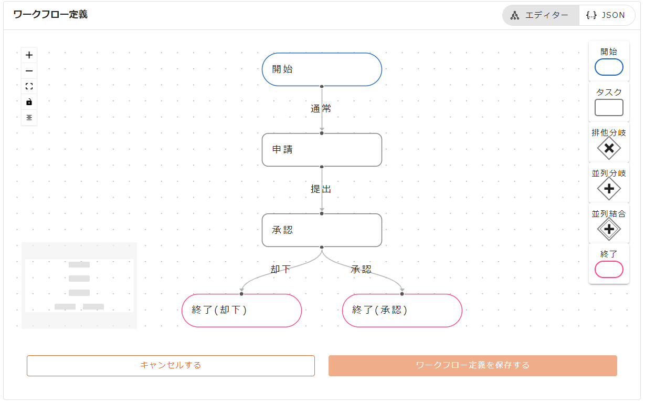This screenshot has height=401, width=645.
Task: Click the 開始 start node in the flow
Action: (322, 69)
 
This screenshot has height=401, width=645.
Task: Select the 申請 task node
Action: (322, 150)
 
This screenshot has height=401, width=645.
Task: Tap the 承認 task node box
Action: (322, 230)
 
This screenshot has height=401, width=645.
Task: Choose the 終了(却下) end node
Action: (241, 310)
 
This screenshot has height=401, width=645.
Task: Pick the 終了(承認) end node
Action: (402, 310)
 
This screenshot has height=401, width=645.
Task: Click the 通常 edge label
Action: (321, 109)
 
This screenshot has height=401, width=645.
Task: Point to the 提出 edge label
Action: (321, 189)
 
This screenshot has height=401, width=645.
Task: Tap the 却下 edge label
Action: (280, 270)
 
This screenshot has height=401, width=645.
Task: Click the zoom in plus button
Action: (29, 55)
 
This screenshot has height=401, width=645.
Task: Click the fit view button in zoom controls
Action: (29, 86)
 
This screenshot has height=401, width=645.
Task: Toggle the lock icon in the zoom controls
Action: (29, 102)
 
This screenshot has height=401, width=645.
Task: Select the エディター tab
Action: (541, 15)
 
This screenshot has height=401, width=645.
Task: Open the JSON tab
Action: (606, 15)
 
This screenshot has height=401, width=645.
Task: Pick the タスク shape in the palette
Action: (609, 107)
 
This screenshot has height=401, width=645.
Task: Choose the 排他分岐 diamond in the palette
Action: (609, 148)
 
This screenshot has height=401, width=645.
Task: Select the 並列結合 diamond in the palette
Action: (609, 229)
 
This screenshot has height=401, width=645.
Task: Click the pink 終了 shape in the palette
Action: (609, 269)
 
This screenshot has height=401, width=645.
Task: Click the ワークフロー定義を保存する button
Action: (472, 365)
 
